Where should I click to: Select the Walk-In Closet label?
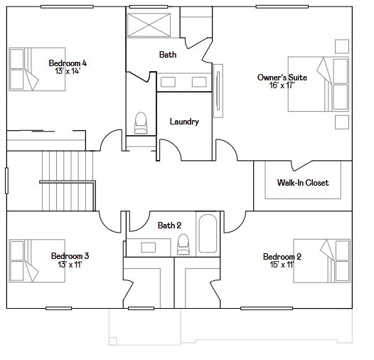click(x=303, y=183)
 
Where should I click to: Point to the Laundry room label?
click(x=184, y=122)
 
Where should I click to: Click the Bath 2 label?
click(x=169, y=226)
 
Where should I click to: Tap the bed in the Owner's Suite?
click(x=319, y=84)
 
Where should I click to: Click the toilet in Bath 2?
click(x=183, y=243)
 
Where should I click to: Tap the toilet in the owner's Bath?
click(x=141, y=122)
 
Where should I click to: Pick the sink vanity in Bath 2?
click(x=149, y=248)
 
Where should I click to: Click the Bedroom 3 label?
click(x=70, y=256)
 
